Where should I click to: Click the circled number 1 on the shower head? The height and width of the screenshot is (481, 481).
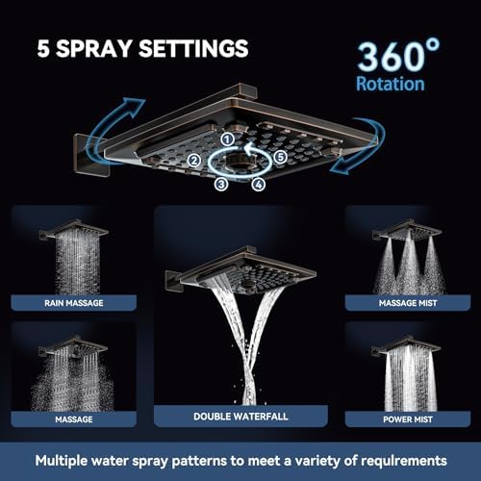pyautogui.click(x=227, y=139)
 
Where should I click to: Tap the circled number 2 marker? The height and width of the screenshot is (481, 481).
pyautogui.click(x=194, y=161)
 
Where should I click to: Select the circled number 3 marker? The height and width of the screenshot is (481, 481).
pyautogui.click(x=221, y=184)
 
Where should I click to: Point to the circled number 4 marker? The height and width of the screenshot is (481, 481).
pyautogui.click(x=259, y=185)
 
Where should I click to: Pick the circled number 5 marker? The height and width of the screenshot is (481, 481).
pyautogui.click(x=280, y=157)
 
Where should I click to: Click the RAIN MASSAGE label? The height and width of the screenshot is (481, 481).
pyautogui.click(x=74, y=303)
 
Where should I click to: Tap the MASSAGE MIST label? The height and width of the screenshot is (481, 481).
pyautogui.click(x=408, y=303)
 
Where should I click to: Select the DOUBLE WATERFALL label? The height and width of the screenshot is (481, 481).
pyautogui.click(x=240, y=417)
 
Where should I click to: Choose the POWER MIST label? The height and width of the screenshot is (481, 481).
pyautogui.click(x=408, y=419)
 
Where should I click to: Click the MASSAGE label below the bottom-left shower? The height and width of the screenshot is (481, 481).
pyautogui.click(x=74, y=419)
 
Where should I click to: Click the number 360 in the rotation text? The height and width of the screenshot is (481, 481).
pyautogui.click(x=391, y=57)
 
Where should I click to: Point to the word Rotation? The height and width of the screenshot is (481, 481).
pyautogui.click(x=391, y=84)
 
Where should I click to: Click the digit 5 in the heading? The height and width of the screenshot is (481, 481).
pyautogui.click(x=43, y=49)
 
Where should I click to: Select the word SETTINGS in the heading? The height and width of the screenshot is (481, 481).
pyautogui.click(x=193, y=48)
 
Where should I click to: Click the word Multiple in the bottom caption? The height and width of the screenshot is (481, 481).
pyautogui.click(x=61, y=461)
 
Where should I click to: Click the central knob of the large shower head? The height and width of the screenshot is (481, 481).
pyautogui.click(x=240, y=162)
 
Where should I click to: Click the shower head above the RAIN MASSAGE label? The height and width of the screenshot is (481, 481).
pyautogui.click(x=75, y=229)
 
